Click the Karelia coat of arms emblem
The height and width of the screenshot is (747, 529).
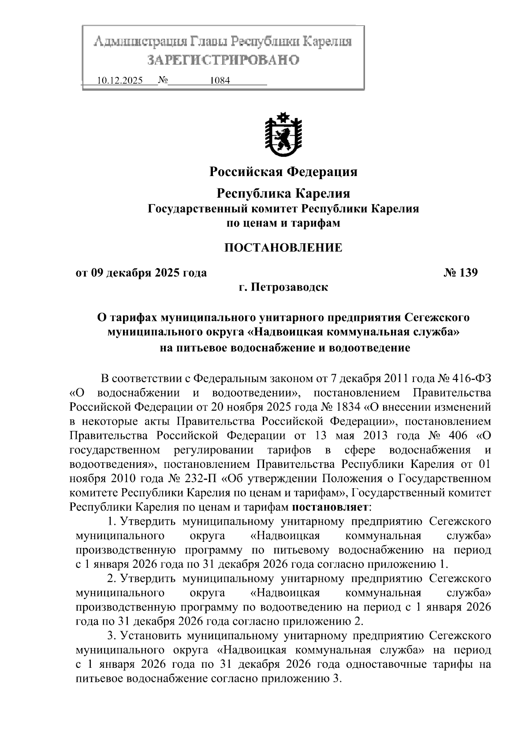[283, 136]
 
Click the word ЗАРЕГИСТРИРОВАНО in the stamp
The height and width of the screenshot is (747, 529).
[223, 59]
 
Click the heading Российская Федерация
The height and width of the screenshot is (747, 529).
[283, 171]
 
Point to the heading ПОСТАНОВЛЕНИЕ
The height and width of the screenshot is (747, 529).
[283, 247]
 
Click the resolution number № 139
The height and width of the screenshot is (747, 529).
[460, 273]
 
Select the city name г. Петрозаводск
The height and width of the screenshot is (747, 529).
[283, 287]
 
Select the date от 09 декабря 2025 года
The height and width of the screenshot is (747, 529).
[142, 273]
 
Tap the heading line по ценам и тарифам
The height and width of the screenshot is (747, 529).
[283, 223]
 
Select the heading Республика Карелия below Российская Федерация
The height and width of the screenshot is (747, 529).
[283, 193]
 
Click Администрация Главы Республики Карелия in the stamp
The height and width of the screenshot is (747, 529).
[223, 42]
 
